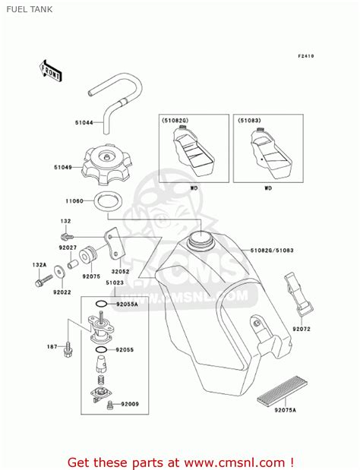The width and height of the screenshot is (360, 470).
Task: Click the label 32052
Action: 122,270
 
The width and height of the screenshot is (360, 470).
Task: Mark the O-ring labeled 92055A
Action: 126,304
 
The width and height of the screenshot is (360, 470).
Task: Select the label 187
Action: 50,346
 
